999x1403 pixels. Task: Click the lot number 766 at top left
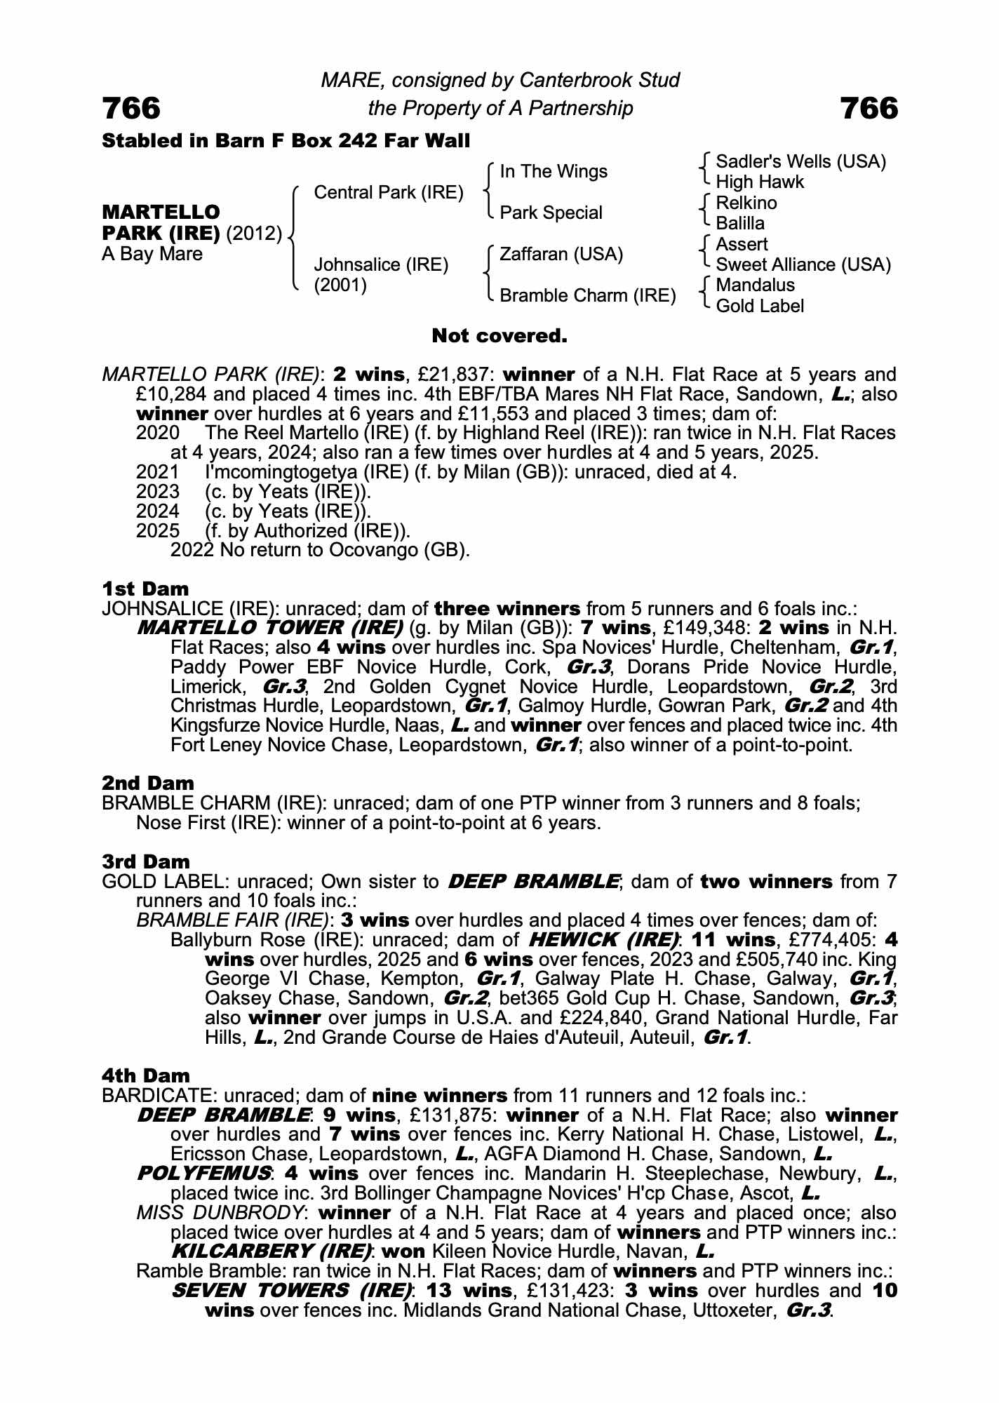[131, 108]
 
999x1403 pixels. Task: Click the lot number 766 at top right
[869, 108]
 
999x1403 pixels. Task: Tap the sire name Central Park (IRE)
[389, 192]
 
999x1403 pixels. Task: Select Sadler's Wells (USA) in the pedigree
[800, 162]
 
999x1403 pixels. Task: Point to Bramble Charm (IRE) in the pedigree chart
[587, 295]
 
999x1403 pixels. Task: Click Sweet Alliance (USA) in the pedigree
[803, 264]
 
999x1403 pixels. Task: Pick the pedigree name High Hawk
[760, 182]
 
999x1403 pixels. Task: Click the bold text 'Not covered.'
[499, 336]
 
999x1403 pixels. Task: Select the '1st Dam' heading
[145, 589]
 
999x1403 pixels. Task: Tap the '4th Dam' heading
[145, 1075]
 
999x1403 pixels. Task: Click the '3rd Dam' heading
[145, 861]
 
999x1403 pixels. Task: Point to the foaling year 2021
[157, 472]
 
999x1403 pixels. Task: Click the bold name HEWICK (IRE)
[603, 939]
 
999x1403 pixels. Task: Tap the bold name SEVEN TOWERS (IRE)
[292, 1290]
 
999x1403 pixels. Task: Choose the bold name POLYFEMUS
[203, 1173]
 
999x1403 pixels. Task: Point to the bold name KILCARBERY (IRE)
[271, 1251]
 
